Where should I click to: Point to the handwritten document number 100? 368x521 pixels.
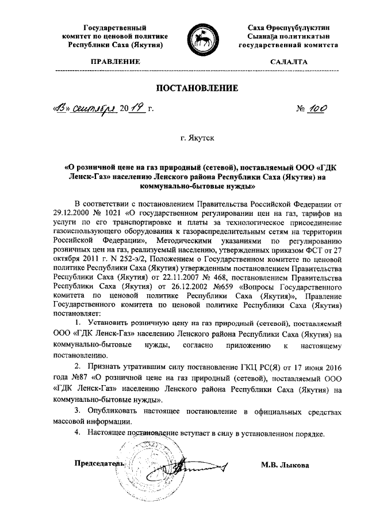[x=316, y=108]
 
